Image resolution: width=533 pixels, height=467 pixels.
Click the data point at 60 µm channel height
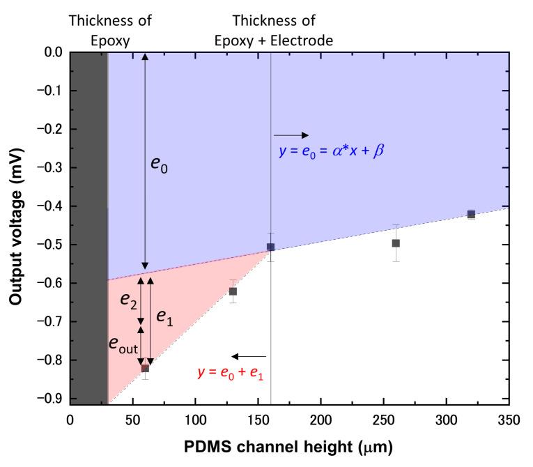click(145, 368)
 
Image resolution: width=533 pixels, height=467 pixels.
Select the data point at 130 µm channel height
click(233, 291)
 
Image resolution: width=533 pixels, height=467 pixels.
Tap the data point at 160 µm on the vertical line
click(270, 247)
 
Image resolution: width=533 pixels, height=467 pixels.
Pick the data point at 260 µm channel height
click(396, 243)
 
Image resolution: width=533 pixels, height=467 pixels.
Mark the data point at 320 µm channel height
click(471, 214)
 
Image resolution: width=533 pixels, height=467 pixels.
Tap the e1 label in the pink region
click(164, 318)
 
